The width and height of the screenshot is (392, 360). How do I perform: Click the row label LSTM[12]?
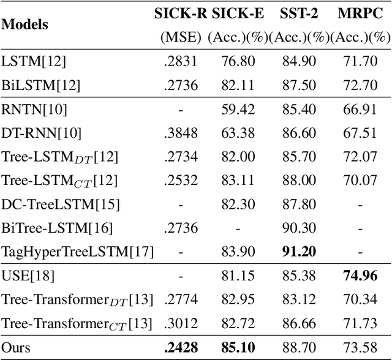(x=34, y=61)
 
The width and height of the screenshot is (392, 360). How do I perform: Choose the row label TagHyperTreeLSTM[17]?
(x=78, y=251)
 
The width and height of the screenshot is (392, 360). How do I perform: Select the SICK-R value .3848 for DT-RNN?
(x=181, y=132)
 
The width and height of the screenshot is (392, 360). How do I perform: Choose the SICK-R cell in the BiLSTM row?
(x=181, y=84)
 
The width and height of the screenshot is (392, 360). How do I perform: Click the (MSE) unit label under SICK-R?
(x=181, y=37)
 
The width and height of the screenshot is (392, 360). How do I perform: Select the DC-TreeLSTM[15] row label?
(x=61, y=204)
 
